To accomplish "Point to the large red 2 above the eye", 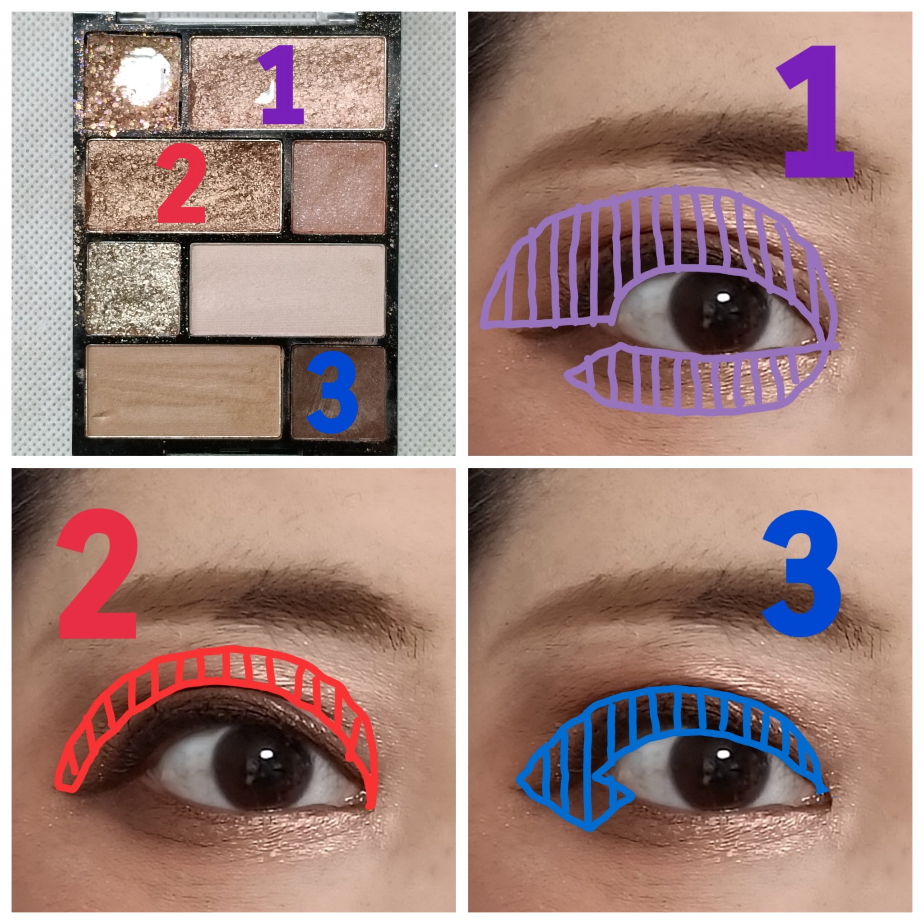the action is point(98,574).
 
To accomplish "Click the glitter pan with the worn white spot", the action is point(133,82).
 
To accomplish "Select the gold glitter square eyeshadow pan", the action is point(134,288).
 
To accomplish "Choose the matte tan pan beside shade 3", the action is point(183,391).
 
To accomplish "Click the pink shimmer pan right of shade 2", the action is point(339,187).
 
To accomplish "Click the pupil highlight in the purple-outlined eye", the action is point(724,297).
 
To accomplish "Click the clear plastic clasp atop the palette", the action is point(237,17).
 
